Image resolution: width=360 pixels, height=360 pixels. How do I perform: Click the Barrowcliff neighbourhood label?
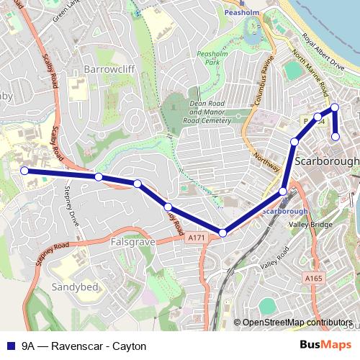[x=110, y=68]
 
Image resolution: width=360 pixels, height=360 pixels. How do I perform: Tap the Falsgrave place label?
[x=133, y=243]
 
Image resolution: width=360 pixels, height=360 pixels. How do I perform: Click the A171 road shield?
[x=194, y=237]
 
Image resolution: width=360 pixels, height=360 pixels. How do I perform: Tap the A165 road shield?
[x=313, y=278]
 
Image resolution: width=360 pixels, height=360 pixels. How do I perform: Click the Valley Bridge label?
[x=310, y=225]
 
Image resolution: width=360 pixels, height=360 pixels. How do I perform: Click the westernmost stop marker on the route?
[x=24, y=171]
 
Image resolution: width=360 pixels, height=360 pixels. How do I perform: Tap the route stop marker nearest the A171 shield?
[x=223, y=233]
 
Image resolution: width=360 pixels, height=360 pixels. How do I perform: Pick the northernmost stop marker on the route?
[x=334, y=108]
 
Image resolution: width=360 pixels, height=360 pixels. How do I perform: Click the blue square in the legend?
[x=10, y=346]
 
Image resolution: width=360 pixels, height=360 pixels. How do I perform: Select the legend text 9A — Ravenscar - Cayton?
[x=84, y=346]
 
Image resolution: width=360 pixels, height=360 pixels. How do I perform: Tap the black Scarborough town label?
[x=327, y=161]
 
